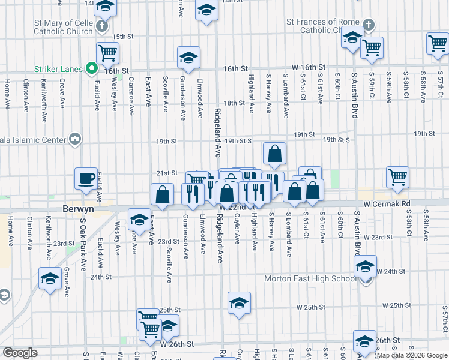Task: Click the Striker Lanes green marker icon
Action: pyautogui.click(x=91, y=69)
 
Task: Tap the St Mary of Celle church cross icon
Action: pyautogui.click(x=101, y=26)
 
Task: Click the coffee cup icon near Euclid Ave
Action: pyautogui.click(x=86, y=178)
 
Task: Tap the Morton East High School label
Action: pyautogui.click(x=310, y=278)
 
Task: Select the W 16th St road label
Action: pyautogui.click(x=309, y=67)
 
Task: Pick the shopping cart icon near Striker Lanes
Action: pyautogui.click(x=107, y=52)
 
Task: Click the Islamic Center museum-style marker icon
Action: pyautogui.click(x=75, y=139)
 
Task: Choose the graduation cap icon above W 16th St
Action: pyautogui.click(x=188, y=57)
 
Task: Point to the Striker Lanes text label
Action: pyautogui.click(x=58, y=70)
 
